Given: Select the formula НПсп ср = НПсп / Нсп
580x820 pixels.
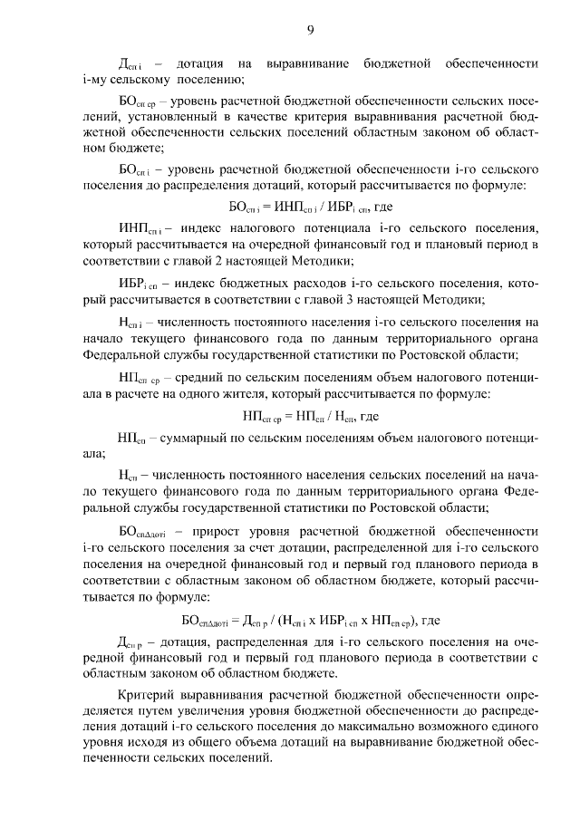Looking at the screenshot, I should [310, 417].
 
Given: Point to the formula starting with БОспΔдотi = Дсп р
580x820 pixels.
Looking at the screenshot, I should [310, 620].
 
